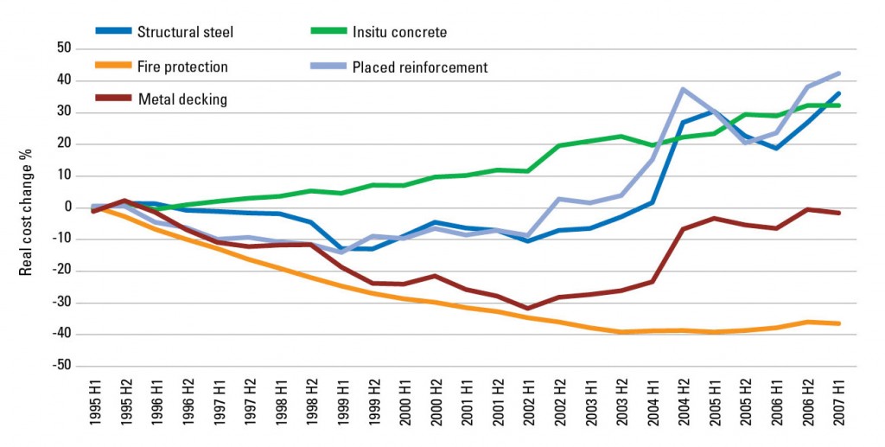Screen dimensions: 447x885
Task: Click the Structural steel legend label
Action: tap(186, 33)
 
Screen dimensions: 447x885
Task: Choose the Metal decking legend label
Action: tap(182, 99)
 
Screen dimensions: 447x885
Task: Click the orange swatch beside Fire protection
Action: tap(113, 67)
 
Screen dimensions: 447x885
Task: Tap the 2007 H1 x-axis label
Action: tap(837, 402)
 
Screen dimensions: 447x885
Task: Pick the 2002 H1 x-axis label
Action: tap(527, 402)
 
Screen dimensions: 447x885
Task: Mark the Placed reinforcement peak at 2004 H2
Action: tap(683, 89)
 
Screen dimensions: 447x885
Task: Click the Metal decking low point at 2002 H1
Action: tap(527, 308)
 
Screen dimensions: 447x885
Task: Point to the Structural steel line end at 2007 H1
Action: tap(837, 93)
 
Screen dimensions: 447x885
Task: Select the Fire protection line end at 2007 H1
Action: tap(837, 323)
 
